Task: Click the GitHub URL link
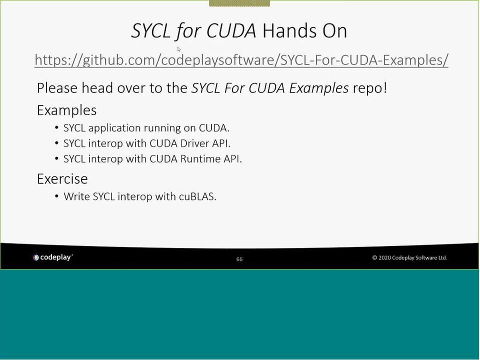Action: click(241, 60)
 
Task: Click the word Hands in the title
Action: click(289, 30)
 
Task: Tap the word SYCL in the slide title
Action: click(150, 30)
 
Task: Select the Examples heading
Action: click(66, 110)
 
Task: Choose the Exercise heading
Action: click(62, 179)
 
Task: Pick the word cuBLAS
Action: click(197, 196)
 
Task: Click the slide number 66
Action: click(239, 259)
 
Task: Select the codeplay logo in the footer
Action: click(53, 257)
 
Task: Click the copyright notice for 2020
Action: click(409, 258)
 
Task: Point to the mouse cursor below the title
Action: click(179, 49)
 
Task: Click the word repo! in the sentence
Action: click(370, 88)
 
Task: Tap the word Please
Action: click(57, 88)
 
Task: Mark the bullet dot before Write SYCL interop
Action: click(56, 196)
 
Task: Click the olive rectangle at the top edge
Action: click(239, 3)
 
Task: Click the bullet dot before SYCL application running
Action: click(56, 127)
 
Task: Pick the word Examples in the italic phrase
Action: click(318, 88)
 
